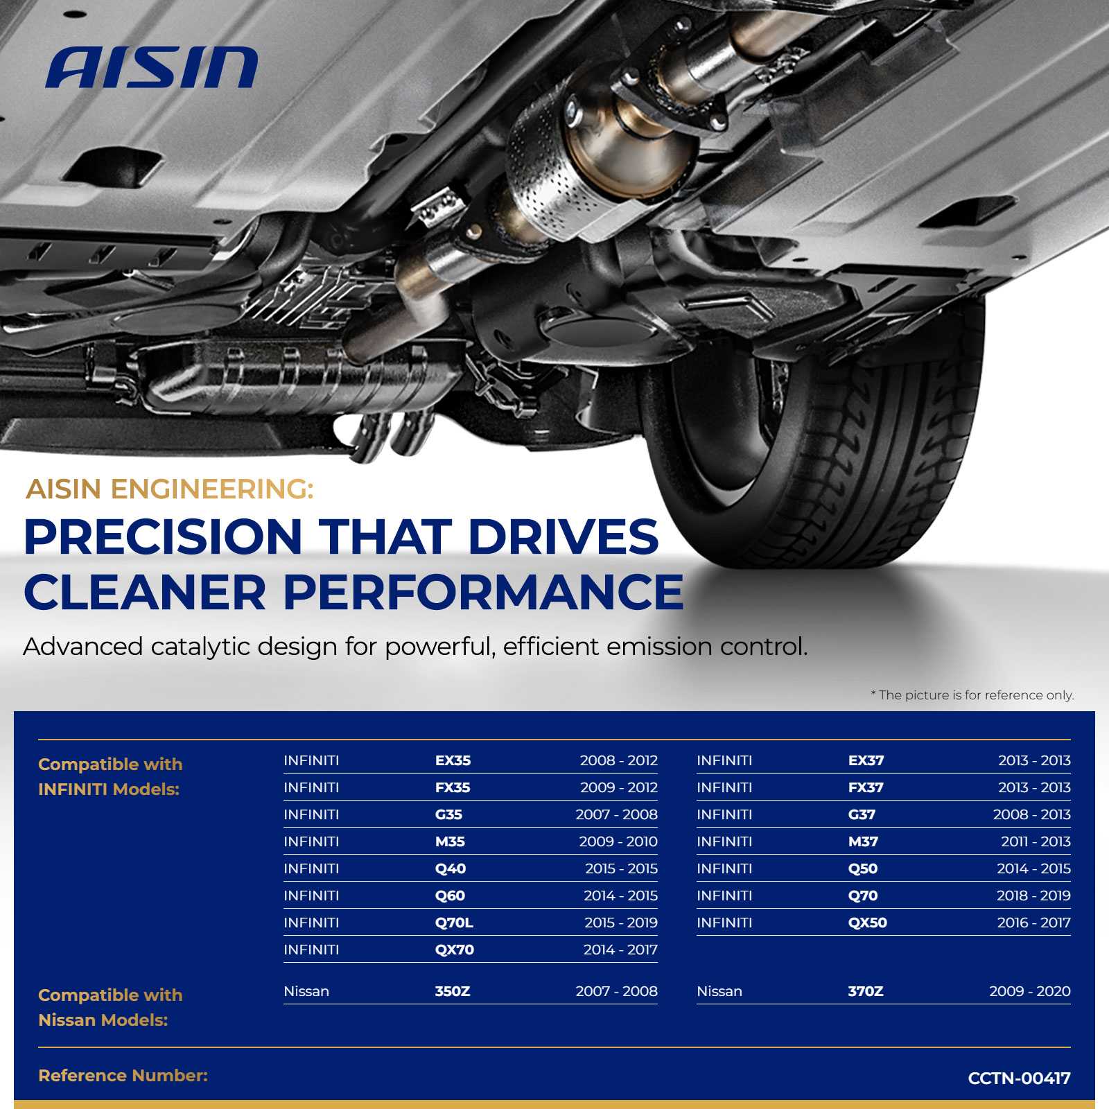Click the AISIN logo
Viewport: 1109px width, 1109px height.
pos(152,67)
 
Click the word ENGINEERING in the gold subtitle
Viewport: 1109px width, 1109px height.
pos(212,489)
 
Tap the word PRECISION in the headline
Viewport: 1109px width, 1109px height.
pos(163,536)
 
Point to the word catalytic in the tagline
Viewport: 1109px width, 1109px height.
pos(200,647)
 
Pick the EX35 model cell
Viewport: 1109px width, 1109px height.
pos(453,760)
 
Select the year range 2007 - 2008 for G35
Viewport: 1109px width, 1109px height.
pos(616,814)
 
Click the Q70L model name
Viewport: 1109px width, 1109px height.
pos(454,923)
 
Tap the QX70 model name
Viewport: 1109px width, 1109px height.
pos(455,950)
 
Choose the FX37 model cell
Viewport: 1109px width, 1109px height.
pos(866,787)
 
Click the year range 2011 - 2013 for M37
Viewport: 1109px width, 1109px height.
pos(1036,841)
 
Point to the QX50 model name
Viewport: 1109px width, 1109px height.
pos(868,923)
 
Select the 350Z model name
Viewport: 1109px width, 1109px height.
pos(453,991)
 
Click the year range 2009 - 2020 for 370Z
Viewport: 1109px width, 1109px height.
pos(1030,991)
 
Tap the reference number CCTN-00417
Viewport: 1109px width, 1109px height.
pos(1019,1078)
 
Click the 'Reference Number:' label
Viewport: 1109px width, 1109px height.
pos(123,1076)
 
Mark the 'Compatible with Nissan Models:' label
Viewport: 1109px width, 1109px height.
pos(110,1007)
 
